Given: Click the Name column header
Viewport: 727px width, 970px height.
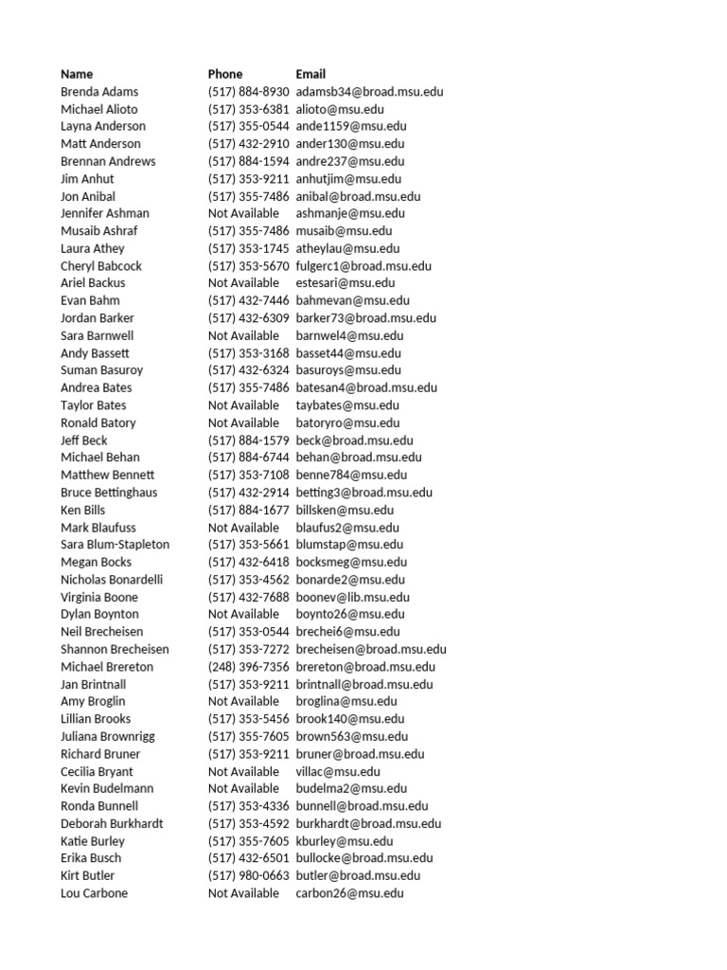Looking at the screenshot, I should (x=77, y=74).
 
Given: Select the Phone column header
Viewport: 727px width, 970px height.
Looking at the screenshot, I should (x=225, y=74).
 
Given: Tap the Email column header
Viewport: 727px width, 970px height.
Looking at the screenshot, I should (x=310, y=74).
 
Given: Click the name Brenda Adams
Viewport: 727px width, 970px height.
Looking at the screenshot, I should (x=99, y=92).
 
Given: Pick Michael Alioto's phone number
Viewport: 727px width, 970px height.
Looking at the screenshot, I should (x=248, y=109).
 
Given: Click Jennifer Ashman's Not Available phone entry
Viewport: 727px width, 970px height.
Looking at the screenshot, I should (x=243, y=213).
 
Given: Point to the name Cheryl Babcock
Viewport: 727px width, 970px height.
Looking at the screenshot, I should (x=101, y=266).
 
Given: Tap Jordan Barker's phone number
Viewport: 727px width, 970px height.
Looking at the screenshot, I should (x=248, y=318).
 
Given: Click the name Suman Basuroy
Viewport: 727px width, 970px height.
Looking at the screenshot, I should (x=98, y=370).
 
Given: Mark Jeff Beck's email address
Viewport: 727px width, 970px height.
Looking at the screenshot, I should (x=354, y=440).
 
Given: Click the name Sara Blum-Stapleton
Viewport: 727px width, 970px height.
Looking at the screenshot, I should (x=115, y=545).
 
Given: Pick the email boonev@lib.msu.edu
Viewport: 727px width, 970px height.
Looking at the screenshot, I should (x=352, y=597).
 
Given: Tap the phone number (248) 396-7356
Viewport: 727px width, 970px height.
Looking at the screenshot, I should (x=248, y=667).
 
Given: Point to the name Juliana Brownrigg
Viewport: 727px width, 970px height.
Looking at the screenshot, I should (x=108, y=736).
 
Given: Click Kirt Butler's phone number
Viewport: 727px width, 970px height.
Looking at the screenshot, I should (x=248, y=875).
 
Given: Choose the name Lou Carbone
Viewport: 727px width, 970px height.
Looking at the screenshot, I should (x=94, y=893).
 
